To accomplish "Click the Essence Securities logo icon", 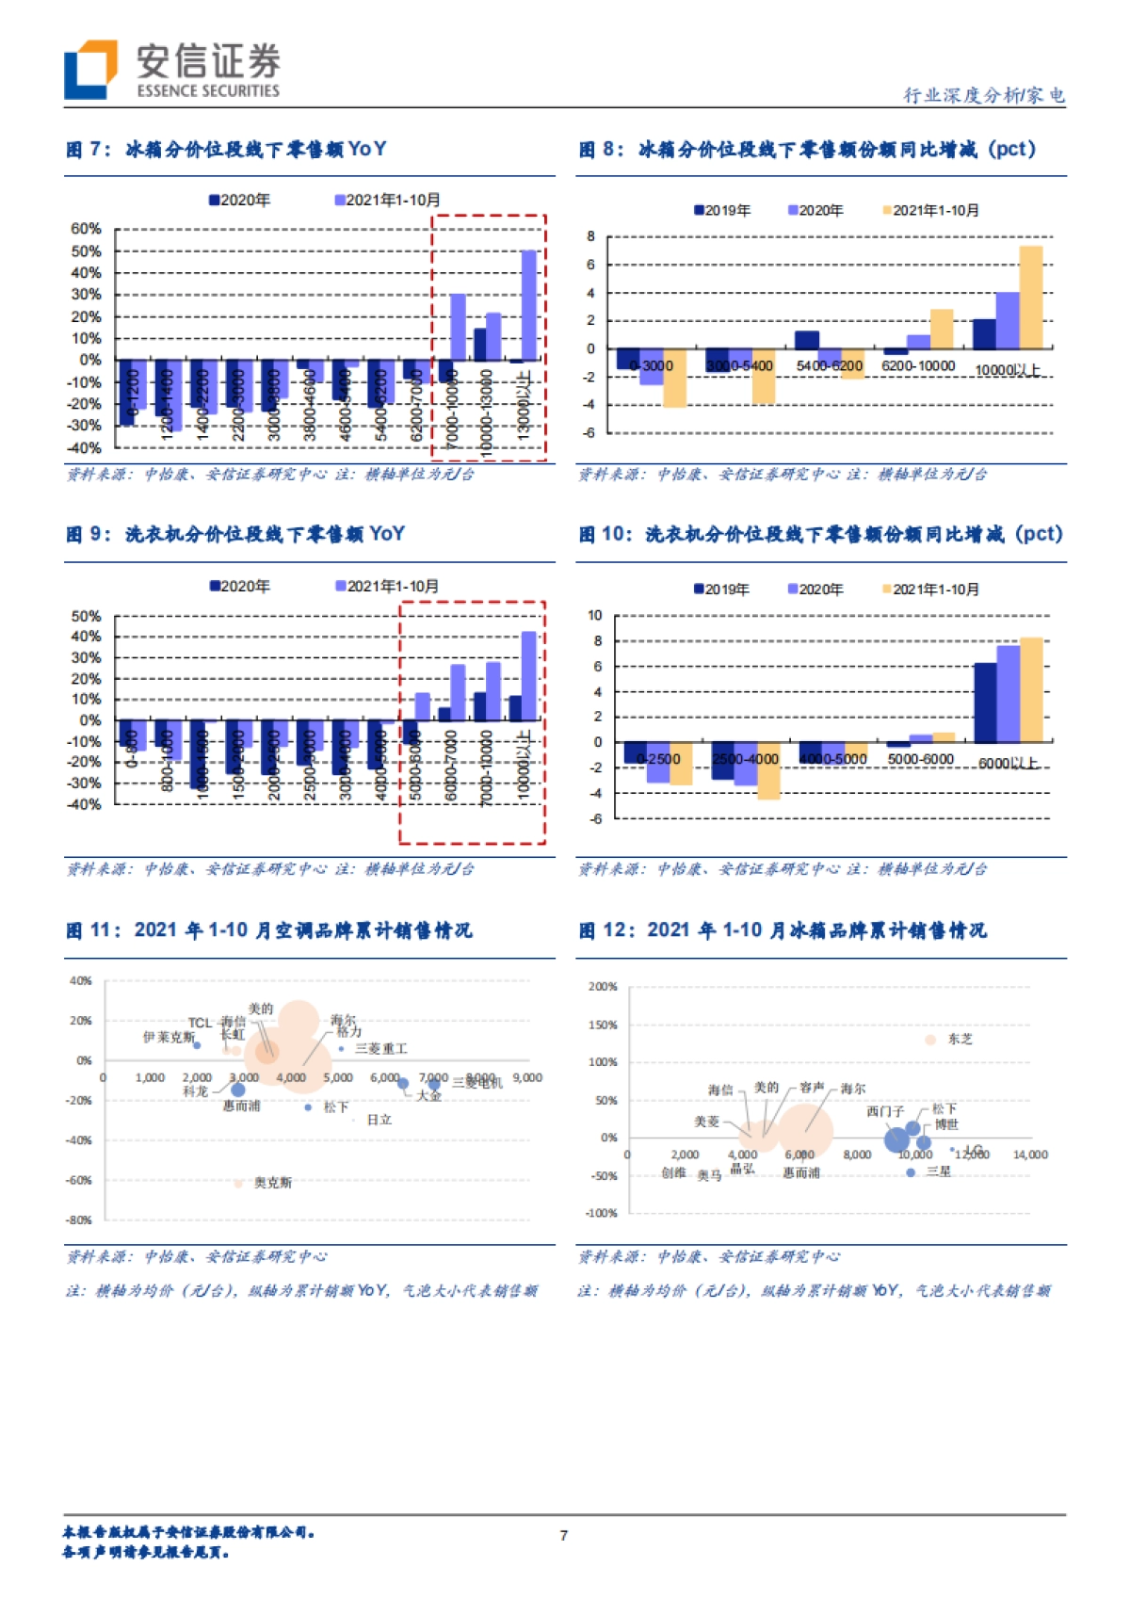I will click(x=90, y=70).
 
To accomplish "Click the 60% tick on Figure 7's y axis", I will click(x=86, y=229).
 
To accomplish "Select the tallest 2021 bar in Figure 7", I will click(x=529, y=305).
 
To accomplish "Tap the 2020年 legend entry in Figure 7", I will click(x=240, y=200).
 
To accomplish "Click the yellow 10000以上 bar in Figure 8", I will click(x=1031, y=298).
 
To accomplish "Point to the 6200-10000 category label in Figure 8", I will click(x=918, y=365).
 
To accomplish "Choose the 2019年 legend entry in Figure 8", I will click(x=722, y=210).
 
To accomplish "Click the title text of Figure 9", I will click(x=235, y=534).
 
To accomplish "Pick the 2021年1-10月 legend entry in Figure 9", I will click(x=388, y=586).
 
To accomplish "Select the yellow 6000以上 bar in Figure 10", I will click(x=1031, y=690).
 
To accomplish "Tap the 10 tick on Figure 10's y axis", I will click(x=594, y=615).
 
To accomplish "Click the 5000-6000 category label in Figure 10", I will click(x=920, y=759).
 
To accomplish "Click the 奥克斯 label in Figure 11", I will click(x=272, y=1182).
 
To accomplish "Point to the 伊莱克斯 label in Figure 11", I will click(x=168, y=1037).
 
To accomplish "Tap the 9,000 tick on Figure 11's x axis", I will click(x=527, y=1077).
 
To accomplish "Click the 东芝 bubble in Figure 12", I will click(x=930, y=1040).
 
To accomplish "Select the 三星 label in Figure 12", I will click(x=939, y=1171).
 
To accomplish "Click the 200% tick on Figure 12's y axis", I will click(x=603, y=987).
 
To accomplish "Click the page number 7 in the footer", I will click(x=564, y=1536).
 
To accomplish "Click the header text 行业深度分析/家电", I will click(x=983, y=94).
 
